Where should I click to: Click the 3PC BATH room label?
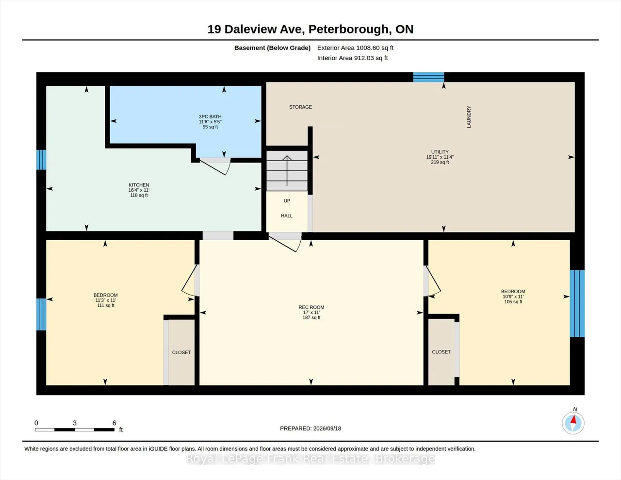(210, 116)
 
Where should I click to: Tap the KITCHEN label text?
(139, 185)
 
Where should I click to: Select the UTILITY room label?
(440, 152)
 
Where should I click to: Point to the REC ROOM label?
(311, 307)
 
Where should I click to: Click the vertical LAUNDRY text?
(469, 117)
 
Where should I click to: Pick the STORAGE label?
(300, 107)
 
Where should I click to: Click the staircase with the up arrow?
(287, 171)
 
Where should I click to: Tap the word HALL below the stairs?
(287, 216)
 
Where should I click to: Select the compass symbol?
(573, 423)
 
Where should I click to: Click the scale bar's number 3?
(75, 423)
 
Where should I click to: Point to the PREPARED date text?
(310, 428)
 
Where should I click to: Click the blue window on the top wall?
(428, 77)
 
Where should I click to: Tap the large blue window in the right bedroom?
(577, 304)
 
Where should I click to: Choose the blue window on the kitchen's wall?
(41, 160)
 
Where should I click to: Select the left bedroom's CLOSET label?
(181, 352)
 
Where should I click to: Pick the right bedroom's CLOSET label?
(441, 352)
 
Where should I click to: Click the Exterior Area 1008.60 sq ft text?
(355, 48)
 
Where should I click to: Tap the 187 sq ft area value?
(311, 317)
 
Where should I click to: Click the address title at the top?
(310, 29)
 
